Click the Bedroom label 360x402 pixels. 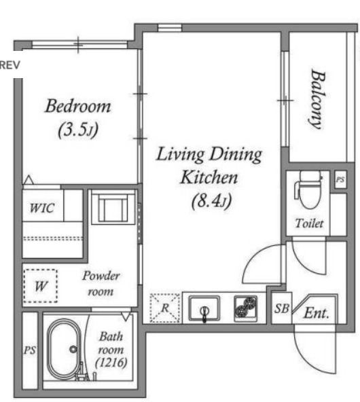(78, 106)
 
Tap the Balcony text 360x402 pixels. (317, 99)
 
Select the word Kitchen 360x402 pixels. (209, 177)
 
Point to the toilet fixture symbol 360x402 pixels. (308, 189)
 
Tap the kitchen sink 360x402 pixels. (204, 308)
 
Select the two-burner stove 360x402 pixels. (246, 308)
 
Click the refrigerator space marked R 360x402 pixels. (164, 308)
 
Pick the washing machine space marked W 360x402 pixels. (40, 286)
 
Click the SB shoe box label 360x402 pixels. (281, 308)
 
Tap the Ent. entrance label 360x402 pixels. (317, 313)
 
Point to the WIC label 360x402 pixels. (42, 208)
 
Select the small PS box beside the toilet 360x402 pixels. (340, 179)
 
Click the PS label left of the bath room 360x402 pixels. (30, 350)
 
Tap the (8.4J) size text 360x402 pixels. (211, 201)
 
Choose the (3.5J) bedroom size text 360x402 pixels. (78, 130)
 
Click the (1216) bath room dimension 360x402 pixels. (111, 363)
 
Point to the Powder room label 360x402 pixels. (101, 283)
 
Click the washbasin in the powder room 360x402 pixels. (113, 207)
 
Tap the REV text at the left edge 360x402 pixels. (10, 65)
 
